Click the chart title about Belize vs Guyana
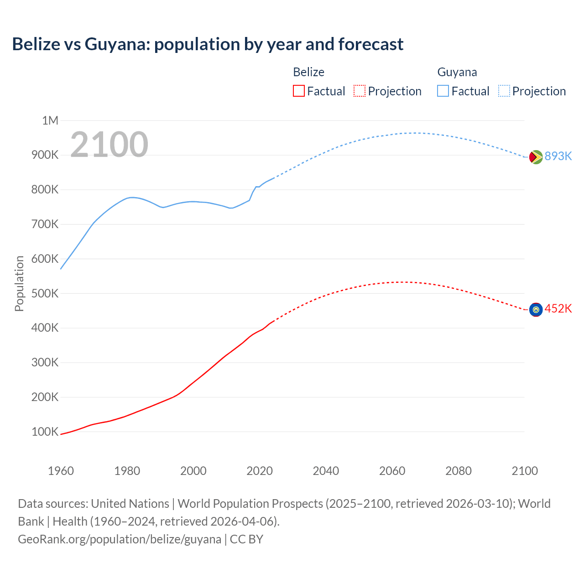point(208,44)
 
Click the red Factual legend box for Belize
point(298,91)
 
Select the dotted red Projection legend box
point(360,91)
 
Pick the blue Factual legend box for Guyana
point(443,91)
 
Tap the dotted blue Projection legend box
point(504,91)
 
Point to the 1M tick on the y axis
point(50,120)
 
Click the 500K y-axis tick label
point(45,293)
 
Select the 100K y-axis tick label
point(45,432)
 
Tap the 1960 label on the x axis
point(61,471)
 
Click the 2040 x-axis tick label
point(326,471)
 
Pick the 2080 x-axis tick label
point(459,471)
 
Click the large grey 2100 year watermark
point(109,145)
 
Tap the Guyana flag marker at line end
point(536,157)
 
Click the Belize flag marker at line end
point(536,309)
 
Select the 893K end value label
point(558,156)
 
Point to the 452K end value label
point(558,309)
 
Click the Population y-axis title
point(19,283)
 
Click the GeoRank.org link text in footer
point(120,539)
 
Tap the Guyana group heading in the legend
point(457,72)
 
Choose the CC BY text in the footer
point(246,539)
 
